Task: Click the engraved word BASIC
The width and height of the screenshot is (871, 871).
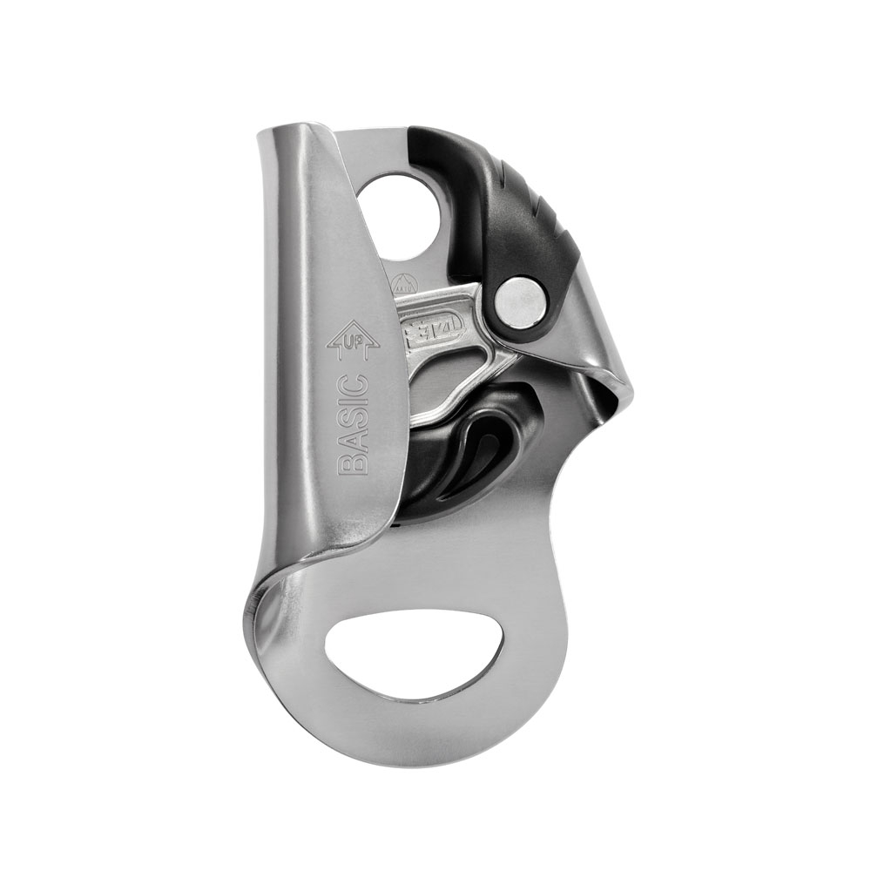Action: [353, 423]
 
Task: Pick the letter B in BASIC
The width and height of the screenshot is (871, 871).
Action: [353, 461]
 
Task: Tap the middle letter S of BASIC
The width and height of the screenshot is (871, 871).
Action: [353, 423]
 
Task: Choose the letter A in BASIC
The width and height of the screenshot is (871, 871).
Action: [353, 442]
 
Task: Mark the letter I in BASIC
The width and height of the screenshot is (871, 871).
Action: [353, 405]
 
